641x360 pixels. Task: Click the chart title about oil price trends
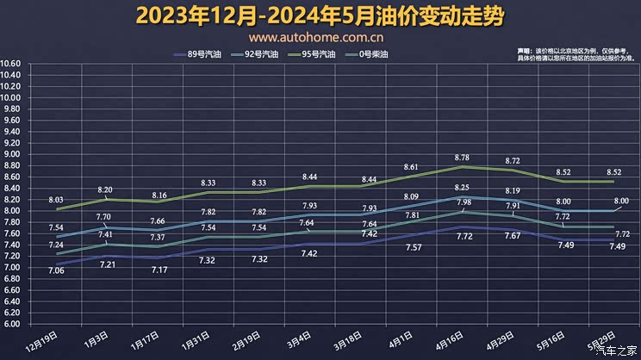[320, 16]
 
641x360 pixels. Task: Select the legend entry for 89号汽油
[205, 53]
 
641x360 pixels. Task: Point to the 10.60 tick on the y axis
[10, 64]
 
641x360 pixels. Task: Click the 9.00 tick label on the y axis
[10, 154]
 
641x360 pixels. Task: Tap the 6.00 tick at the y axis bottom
[10, 324]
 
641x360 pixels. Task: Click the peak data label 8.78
[462, 158]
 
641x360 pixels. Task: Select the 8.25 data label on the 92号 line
[462, 188]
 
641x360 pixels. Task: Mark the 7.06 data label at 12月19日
[58, 270]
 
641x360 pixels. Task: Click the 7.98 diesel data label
[463, 202]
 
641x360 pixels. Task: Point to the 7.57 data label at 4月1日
[411, 248]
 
